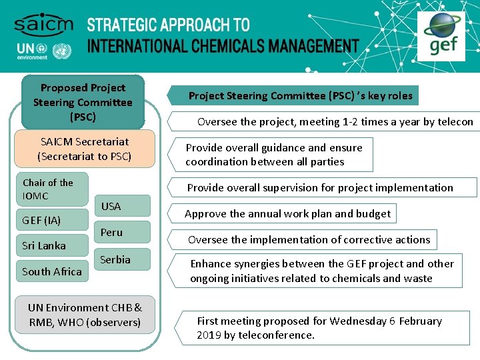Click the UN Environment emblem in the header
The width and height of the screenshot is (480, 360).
(62, 51)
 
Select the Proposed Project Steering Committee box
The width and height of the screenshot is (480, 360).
(83, 102)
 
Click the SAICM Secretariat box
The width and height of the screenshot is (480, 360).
(85, 149)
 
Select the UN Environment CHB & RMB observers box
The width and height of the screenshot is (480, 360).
(85, 315)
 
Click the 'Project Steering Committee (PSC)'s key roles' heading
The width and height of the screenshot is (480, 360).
(300, 95)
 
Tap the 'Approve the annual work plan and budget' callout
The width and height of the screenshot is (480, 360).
(287, 213)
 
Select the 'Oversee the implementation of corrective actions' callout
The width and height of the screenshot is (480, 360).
(309, 239)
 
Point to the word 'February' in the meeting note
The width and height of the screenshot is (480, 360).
(420, 321)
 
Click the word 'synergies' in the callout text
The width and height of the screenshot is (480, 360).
(265, 264)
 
